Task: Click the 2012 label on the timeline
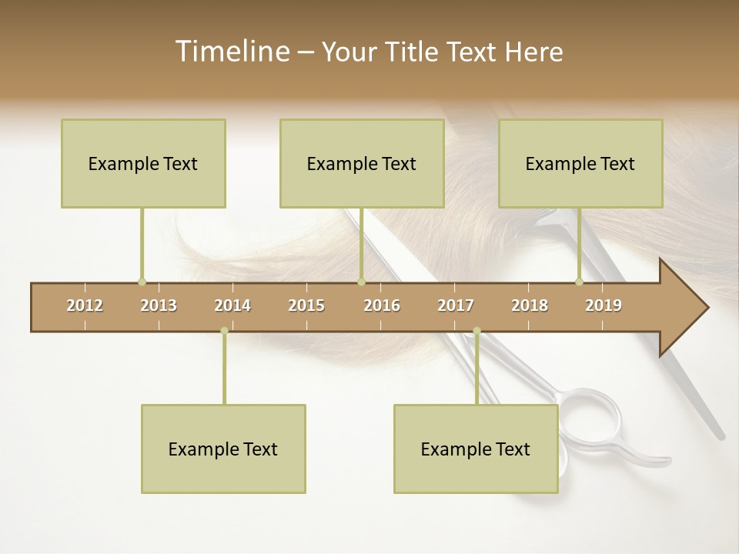pyautogui.click(x=85, y=305)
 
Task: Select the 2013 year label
pyautogui.click(x=159, y=305)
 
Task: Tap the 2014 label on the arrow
pyautogui.click(x=232, y=305)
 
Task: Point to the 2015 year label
pyautogui.click(x=306, y=305)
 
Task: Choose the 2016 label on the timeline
pyautogui.click(x=382, y=305)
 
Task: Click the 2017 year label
pyautogui.click(x=456, y=305)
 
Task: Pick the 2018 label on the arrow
pyautogui.click(x=530, y=305)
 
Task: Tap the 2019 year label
pyautogui.click(x=604, y=305)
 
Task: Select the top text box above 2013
pyautogui.click(x=143, y=163)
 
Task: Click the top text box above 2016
pyautogui.click(x=362, y=163)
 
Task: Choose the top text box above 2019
pyautogui.click(x=580, y=163)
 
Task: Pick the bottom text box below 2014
pyautogui.click(x=223, y=449)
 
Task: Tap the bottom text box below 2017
pyautogui.click(x=476, y=449)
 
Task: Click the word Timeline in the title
pyautogui.click(x=232, y=52)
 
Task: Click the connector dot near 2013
pyautogui.click(x=142, y=282)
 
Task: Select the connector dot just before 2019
pyautogui.click(x=580, y=282)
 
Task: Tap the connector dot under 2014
pyautogui.click(x=224, y=331)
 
